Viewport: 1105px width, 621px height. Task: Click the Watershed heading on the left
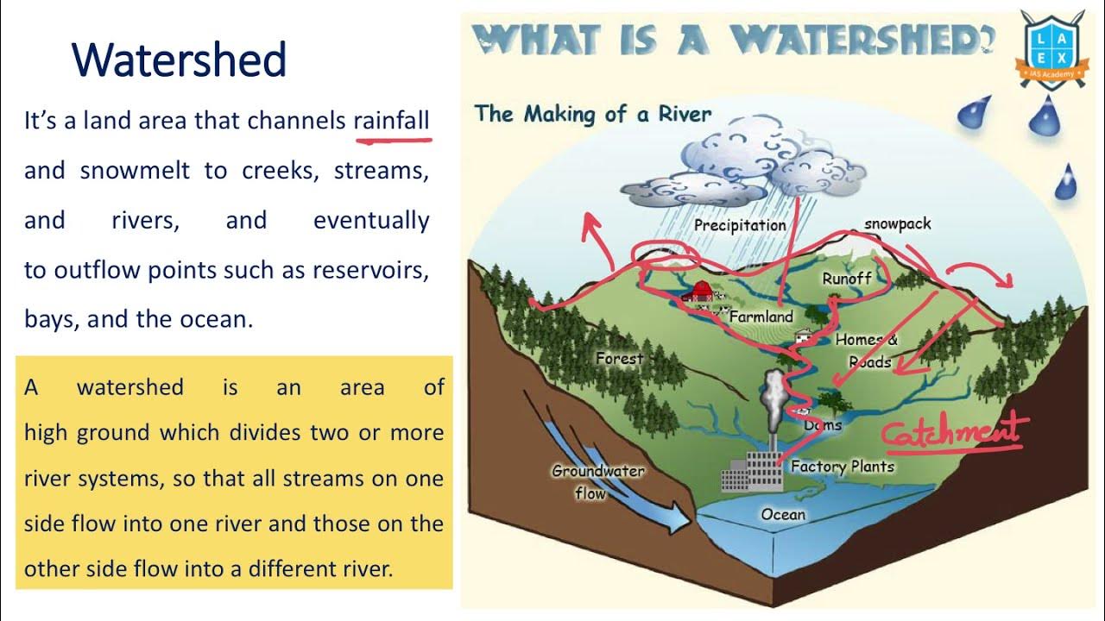(x=179, y=60)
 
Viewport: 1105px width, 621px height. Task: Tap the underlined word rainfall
(x=391, y=121)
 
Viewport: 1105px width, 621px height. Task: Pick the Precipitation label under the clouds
(x=740, y=226)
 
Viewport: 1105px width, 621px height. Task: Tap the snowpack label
(x=897, y=224)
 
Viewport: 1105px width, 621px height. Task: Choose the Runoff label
(x=846, y=279)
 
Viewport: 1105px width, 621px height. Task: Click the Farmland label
(x=761, y=317)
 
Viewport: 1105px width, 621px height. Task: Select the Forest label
(x=619, y=358)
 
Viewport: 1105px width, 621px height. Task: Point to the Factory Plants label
(x=842, y=467)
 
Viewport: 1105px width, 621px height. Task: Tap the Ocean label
(x=782, y=515)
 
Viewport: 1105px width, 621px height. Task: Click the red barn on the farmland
(x=698, y=292)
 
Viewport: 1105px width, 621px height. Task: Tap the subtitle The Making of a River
(x=592, y=114)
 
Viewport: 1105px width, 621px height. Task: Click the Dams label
(x=822, y=424)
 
